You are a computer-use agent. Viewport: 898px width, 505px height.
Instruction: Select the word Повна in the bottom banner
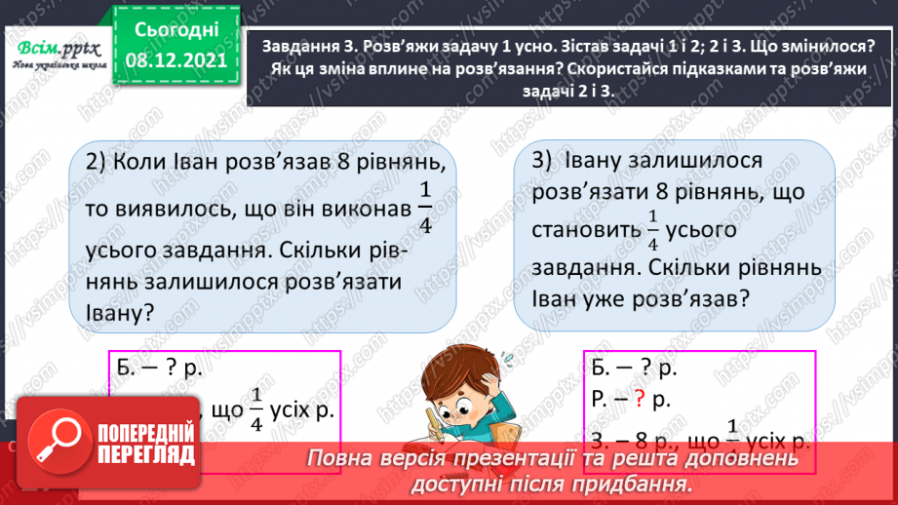click(x=340, y=458)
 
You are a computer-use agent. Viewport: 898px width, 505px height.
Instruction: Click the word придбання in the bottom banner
click(x=629, y=484)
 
